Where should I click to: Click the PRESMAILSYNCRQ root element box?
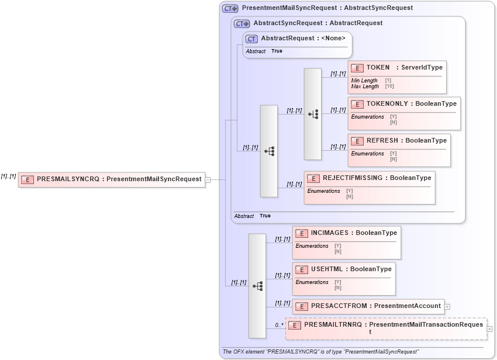tap(111, 179)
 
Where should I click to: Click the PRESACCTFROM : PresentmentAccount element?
tap(368, 306)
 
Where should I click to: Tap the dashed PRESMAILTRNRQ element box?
tap(386, 328)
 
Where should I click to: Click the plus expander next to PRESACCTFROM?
tap(447, 306)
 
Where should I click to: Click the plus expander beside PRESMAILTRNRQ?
tap(489, 329)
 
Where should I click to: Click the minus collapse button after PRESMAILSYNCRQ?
tap(208, 179)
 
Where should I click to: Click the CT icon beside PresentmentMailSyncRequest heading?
tap(230, 9)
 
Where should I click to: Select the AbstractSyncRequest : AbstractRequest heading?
tap(317, 23)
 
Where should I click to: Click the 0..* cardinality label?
tap(279, 325)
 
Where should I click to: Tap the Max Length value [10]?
tap(389, 86)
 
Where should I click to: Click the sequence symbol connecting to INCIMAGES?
tap(257, 286)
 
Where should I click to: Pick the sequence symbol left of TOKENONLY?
tap(313, 114)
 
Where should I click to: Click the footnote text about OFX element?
tap(320, 352)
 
